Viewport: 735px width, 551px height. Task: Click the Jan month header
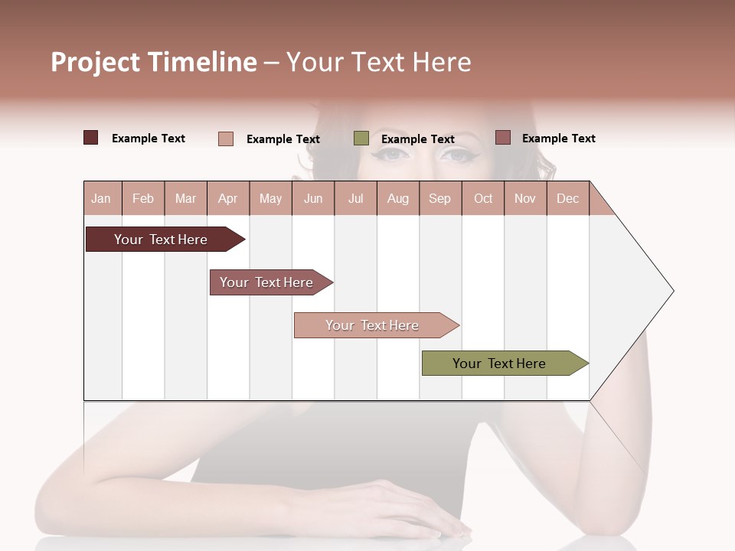(x=102, y=198)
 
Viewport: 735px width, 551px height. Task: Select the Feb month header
(x=143, y=198)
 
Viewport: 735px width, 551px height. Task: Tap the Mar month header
(x=185, y=198)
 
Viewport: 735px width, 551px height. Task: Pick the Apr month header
(x=228, y=198)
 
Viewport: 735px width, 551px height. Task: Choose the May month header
(x=270, y=198)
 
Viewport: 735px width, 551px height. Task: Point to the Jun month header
(x=313, y=198)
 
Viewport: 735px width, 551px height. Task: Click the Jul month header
(x=355, y=198)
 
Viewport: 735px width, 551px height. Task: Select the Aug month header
(x=398, y=198)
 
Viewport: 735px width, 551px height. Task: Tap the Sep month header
(x=440, y=198)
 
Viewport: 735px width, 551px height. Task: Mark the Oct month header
(x=483, y=198)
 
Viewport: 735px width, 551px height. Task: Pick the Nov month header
(x=525, y=198)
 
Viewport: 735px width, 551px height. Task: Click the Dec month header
(x=568, y=198)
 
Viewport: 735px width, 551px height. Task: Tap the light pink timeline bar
(x=373, y=325)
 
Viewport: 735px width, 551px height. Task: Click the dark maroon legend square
(x=91, y=138)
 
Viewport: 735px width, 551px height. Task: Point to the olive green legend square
(x=361, y=139)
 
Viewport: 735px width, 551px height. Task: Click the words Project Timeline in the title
(x=154, y=62)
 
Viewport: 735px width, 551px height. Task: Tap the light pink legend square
(x=226, y=139)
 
